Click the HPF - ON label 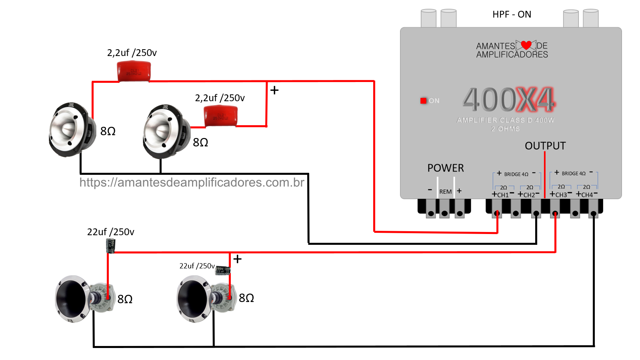pos(512,15)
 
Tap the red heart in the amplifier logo pos(526,45)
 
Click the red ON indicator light pos(423,101)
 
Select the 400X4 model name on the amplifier pos(509,100)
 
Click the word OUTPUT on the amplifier pos(545,146)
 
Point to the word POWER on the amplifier pos(446,168)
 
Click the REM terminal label pos(445,192)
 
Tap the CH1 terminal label pos(503,195)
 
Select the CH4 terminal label pos(587,195)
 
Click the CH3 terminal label pos(561,195)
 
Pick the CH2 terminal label pos(529,195)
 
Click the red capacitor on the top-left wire pos(134,71)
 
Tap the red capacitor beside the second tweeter pos(221,116)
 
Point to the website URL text pos(192,182)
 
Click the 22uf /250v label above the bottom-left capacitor pos(111,232)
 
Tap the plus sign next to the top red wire pos(274,90)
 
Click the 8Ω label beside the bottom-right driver pos(246,298)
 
